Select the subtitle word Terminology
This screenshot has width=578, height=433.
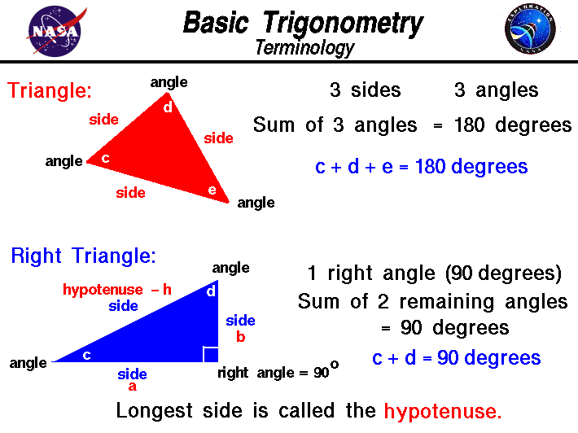tap(304, 48)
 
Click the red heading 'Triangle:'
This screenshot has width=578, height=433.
tap(50, 90)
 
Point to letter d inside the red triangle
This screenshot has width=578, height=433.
tap(168, 106)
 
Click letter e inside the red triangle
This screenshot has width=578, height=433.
tap(212, 190)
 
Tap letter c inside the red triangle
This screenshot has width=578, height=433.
tap(105, 158)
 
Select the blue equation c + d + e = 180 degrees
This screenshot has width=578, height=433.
tap(421, 167)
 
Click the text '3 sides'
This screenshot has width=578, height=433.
tap(365, 90)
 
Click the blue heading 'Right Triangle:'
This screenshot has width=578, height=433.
tap(83, 256)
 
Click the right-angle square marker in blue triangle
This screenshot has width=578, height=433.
tap(210, 354)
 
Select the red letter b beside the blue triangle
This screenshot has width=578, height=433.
tap(241, 335)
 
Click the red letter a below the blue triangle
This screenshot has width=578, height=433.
tap(132, 387)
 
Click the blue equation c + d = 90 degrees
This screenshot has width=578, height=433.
tap(456, 358)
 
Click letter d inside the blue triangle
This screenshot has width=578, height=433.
tap(210, 291)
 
